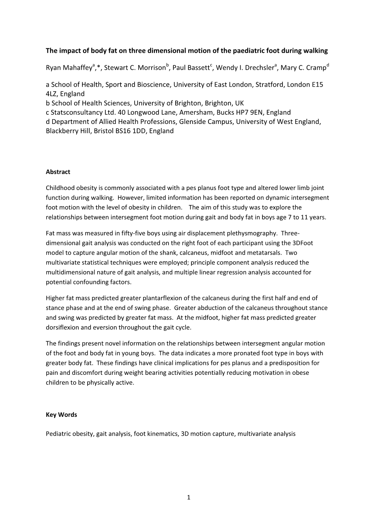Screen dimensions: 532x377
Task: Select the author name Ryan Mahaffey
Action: coord(69,68)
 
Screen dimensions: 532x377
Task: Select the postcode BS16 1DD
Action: coord(131,131)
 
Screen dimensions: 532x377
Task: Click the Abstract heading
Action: coord(58,172)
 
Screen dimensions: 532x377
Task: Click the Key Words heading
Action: coord(61,415)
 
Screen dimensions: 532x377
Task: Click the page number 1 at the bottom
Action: coord(188,498)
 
